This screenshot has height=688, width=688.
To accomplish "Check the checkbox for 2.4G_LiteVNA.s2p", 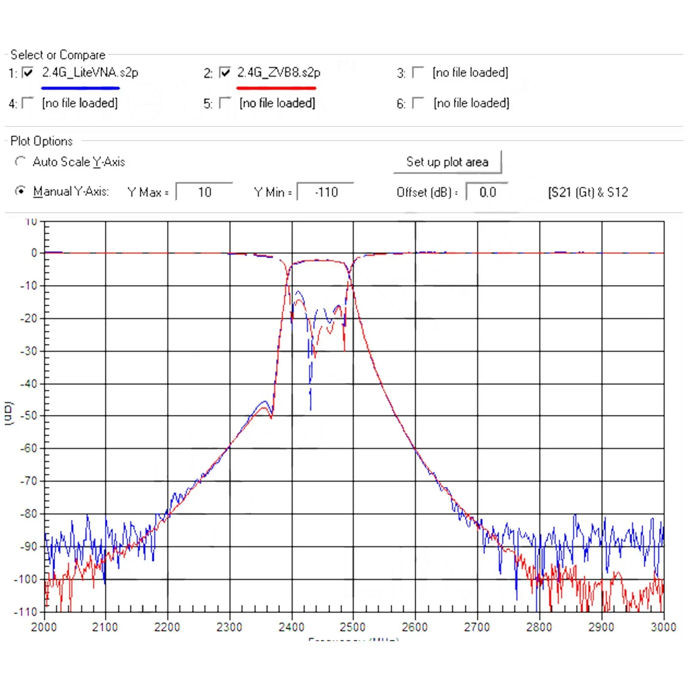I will [28, 72].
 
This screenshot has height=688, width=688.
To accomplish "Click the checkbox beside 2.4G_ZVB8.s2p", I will [224, 72].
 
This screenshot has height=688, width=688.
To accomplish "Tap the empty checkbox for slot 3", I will [418, 72].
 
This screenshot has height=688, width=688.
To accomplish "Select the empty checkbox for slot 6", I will [418, 103].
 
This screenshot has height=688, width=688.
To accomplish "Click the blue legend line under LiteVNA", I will [80, 88].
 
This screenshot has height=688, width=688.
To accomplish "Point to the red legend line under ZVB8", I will [276, 88].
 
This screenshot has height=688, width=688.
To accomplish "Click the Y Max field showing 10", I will [204, 192].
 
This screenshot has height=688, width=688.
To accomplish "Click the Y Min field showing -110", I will [326, 192].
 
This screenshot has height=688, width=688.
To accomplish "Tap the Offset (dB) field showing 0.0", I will [487, 192].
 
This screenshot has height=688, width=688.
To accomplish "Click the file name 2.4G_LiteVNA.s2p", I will [90, 72].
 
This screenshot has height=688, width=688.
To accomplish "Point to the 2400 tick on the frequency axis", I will [291, 627].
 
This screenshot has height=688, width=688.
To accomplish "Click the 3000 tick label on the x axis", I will [663, 627].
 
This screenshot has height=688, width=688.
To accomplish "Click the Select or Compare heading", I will [58, 55].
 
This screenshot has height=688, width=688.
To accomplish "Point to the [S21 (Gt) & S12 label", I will [588, 192].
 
